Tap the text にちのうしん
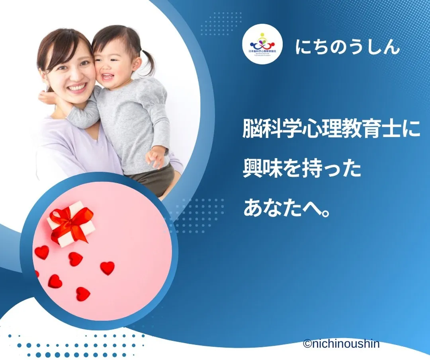point(347,47)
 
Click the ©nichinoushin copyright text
point(341,344)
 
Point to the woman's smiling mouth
point(77,87)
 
